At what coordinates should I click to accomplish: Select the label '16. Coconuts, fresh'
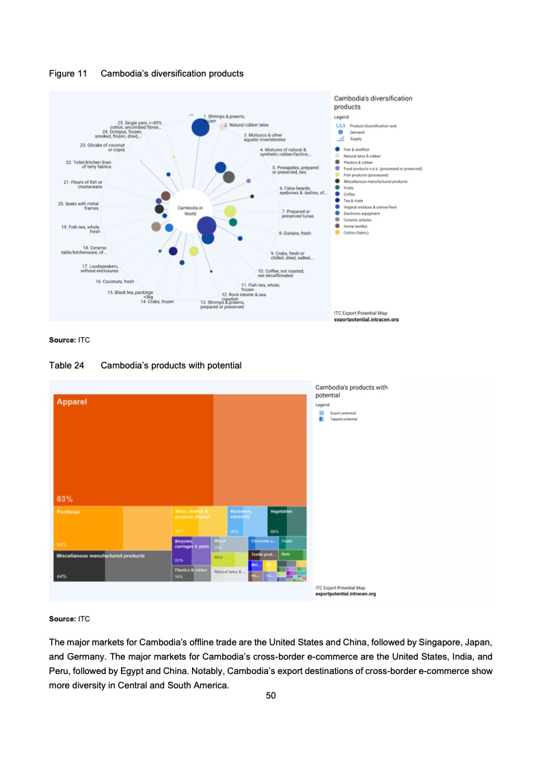point(115,281)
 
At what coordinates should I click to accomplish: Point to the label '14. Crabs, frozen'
point(157,301)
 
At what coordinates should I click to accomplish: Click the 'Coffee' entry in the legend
point(349,194)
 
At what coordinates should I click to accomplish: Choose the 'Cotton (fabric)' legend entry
point(356,232)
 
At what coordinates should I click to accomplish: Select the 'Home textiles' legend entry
point(355,226)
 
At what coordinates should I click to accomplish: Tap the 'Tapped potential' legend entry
point(343,419)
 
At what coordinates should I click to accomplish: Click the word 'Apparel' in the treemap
point(72,402)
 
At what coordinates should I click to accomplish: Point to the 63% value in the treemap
point(65,498)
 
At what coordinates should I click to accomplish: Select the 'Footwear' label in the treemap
point(69,511)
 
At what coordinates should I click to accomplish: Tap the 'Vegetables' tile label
point(281,511)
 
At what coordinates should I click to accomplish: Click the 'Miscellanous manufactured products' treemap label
point(100,556)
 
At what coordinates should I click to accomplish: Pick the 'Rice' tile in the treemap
point(219,558)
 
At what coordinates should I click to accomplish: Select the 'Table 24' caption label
point(66,365)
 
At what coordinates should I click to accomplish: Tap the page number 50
point(271,696)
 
